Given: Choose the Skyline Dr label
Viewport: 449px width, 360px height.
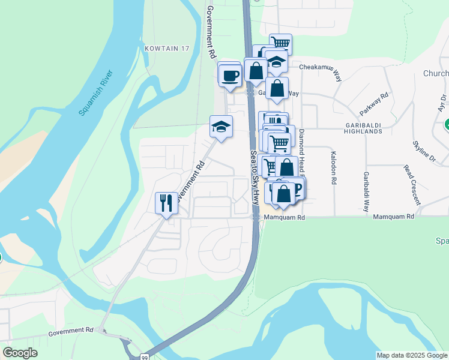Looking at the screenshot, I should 423,149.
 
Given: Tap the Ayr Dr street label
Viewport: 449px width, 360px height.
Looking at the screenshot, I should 442,103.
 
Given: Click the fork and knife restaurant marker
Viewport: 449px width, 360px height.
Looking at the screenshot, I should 166,203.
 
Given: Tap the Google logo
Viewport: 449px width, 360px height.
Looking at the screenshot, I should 20,353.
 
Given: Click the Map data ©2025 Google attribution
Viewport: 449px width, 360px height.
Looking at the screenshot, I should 412,355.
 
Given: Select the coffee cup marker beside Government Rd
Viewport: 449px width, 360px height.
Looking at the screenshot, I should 230,76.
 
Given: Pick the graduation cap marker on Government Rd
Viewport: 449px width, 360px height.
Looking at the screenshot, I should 221,127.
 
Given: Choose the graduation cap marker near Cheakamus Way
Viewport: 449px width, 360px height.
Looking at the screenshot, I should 276,62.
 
